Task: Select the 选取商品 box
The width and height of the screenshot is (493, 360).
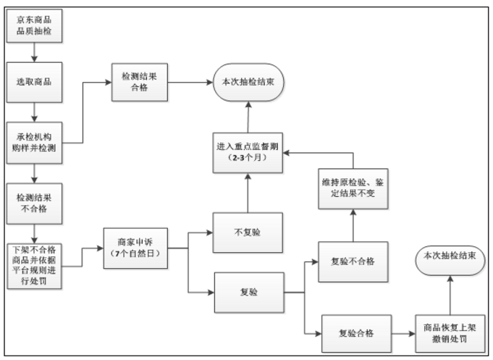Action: [34, 82]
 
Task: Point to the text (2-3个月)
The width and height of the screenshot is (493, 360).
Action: [248, 157]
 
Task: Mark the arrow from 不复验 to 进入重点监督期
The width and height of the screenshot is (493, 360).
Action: [248, 192]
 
